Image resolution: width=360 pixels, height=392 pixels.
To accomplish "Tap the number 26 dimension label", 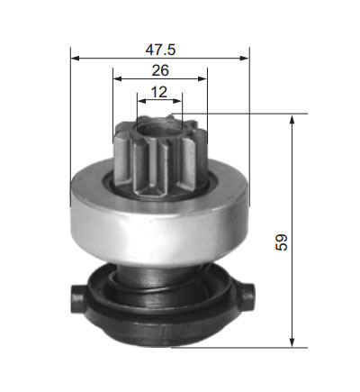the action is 160,70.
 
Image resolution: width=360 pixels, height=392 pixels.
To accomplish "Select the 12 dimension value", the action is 159,92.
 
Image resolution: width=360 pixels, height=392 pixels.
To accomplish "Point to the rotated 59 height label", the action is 282,242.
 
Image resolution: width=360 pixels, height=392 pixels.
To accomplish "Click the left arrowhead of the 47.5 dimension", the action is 75,58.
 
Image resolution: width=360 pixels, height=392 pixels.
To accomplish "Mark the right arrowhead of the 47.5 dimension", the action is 245,58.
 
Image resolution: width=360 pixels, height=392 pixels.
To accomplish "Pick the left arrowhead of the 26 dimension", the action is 117,78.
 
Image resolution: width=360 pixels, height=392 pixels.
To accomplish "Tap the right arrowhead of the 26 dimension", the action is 202,78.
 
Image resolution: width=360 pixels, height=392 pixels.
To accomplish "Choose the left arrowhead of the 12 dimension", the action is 141,101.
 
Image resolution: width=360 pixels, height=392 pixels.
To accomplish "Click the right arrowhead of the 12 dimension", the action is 177,101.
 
